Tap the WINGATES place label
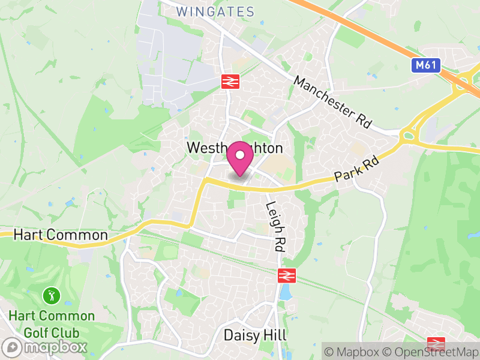(x=216, y=11)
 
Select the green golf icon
(x=51, y=295)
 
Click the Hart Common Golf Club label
(x=52, y=323)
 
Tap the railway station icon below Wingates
(x=230, y=82)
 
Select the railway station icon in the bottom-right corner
(x=436, y=344)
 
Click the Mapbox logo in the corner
(x=46, y=347)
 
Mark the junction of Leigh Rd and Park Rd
(x=272, y=188)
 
